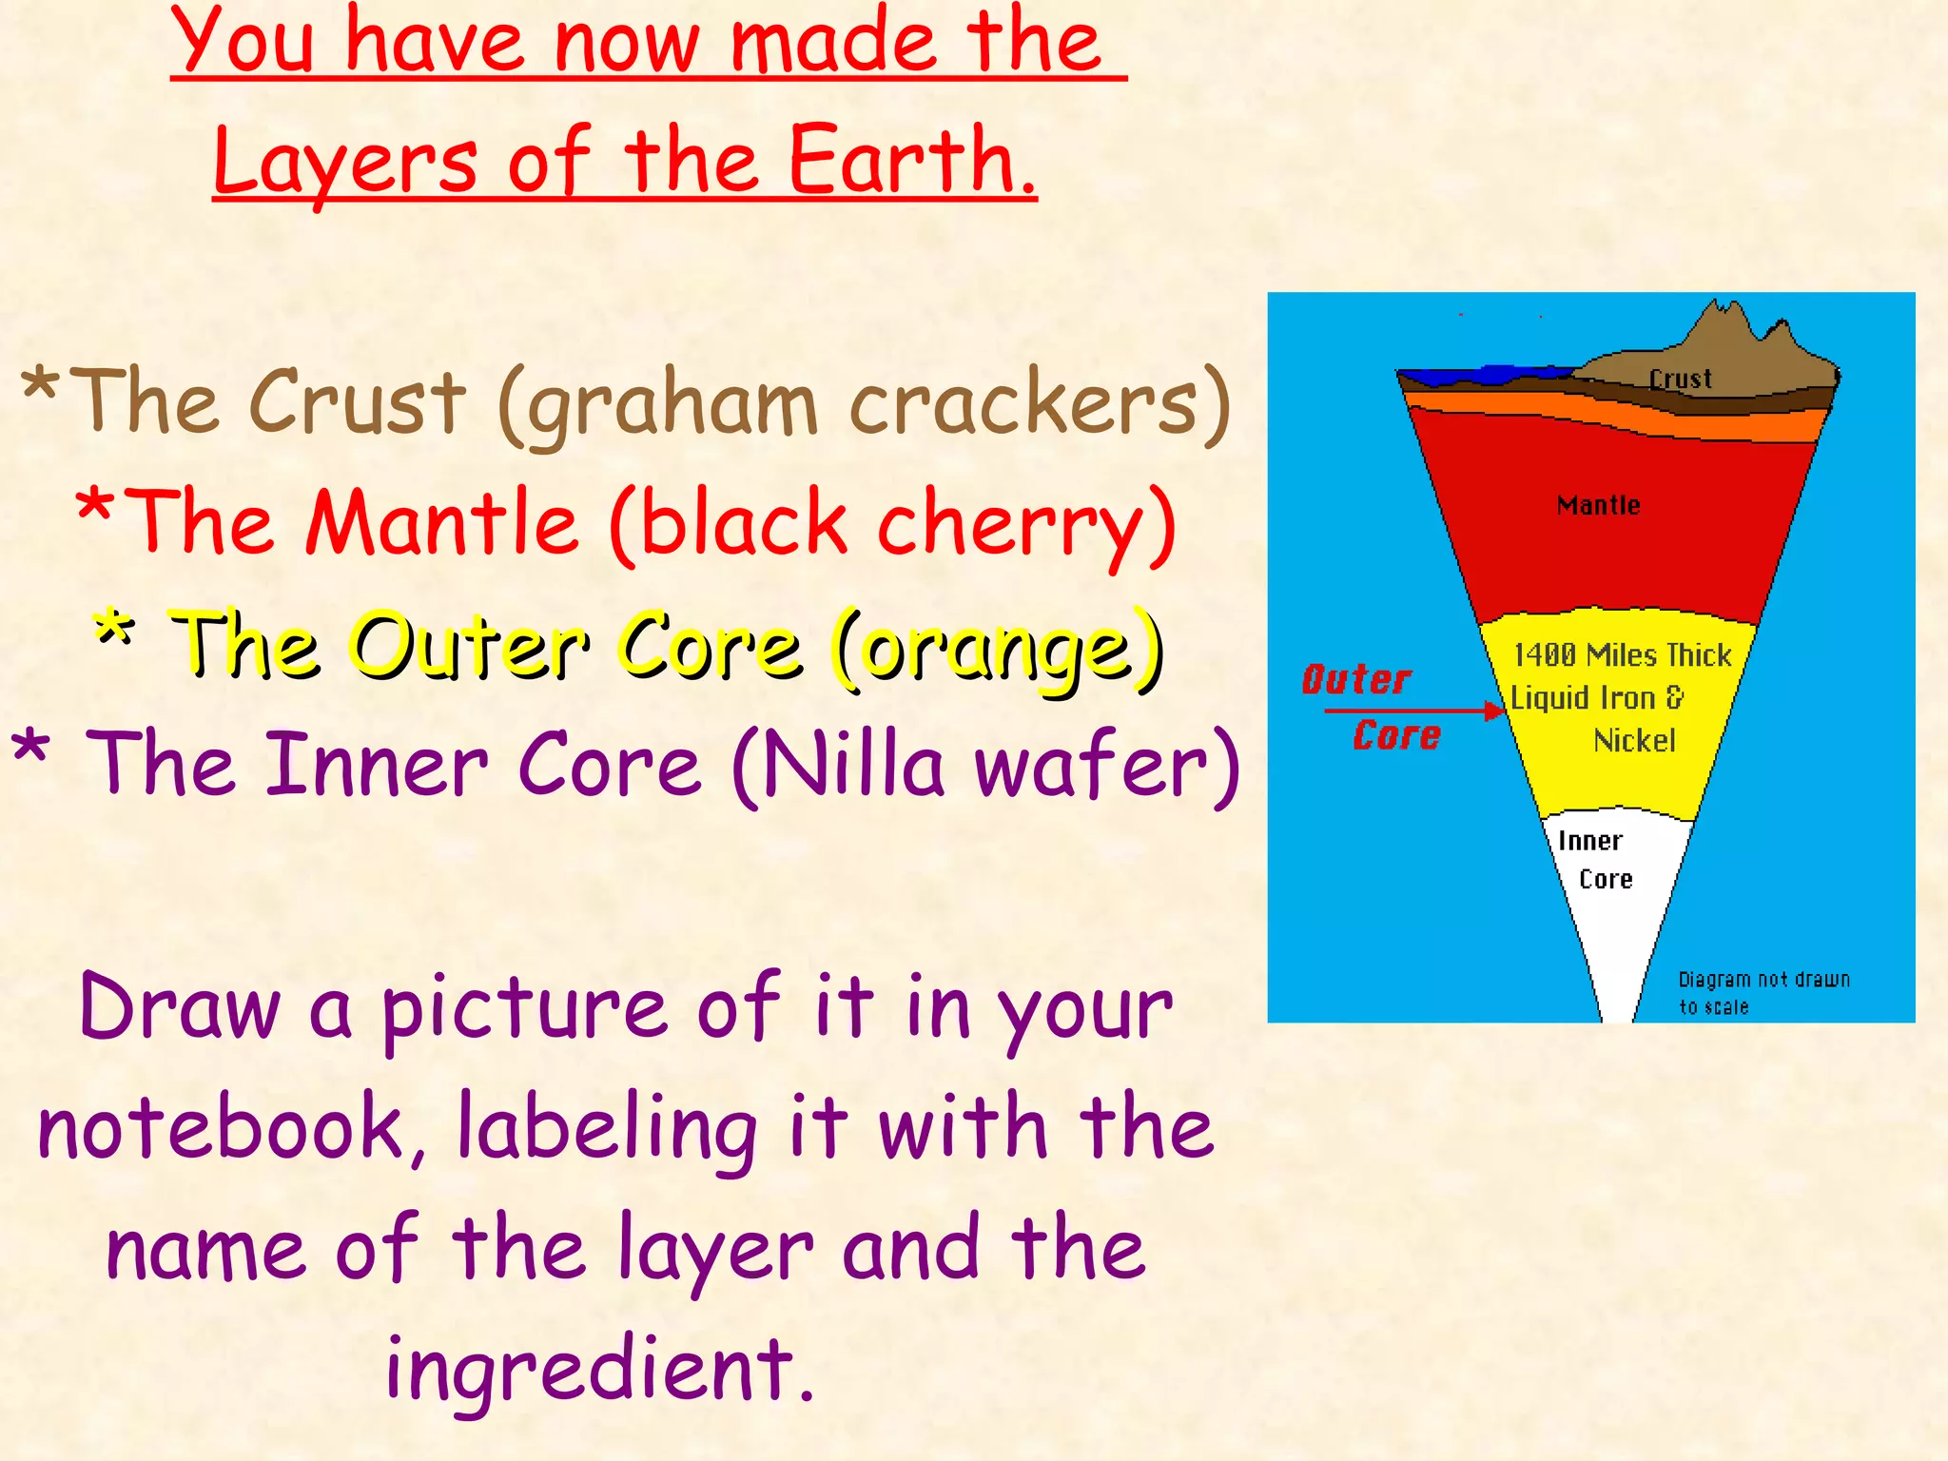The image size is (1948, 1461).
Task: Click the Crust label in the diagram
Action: [1680, 379]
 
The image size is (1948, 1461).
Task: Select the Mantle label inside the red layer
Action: [1598, 505]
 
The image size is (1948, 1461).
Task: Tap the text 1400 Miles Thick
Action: [1622, 654]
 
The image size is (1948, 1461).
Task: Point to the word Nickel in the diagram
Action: [1634, 740]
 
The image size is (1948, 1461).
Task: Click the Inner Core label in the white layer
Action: [1594, 859]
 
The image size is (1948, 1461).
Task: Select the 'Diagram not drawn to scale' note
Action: [1763, 992]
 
